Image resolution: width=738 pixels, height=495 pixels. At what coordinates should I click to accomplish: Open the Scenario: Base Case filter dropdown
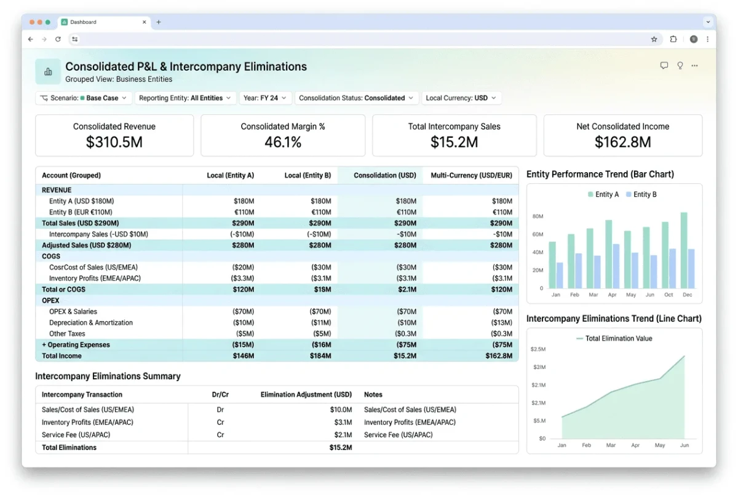(x=84, y=98)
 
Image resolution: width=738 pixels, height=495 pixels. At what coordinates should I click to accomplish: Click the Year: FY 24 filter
(x=265, y=98)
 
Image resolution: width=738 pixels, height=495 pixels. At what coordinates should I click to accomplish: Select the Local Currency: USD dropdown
(x=461, y=98)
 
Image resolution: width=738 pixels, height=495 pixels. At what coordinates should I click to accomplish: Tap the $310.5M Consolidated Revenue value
(x=114, y=142)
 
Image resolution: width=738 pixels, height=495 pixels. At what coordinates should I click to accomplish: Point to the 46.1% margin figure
(x=283, y=142)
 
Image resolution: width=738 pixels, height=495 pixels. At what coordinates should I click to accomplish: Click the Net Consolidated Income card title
(x=622, y=127)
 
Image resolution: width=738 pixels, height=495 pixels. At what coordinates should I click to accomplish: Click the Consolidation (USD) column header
(x=385, y=175)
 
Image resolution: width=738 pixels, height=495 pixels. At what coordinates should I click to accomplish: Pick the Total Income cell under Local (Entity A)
(x=243, y=355)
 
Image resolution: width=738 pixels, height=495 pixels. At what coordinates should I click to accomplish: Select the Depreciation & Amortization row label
(x=91, y=322)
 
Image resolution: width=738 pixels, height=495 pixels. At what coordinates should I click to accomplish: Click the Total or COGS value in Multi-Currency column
(x=501, y=289)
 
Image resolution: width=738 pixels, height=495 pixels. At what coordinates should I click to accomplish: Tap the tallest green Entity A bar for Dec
(x=684, y=250)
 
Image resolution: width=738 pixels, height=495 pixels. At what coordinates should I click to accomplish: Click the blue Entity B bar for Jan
(x=560, y=275)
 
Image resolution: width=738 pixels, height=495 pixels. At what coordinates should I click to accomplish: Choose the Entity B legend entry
(x=641, y=194)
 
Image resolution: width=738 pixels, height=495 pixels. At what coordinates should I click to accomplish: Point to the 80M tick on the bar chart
(x=538, y=216)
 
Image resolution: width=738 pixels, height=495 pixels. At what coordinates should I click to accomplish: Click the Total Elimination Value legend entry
(x=614, y=339)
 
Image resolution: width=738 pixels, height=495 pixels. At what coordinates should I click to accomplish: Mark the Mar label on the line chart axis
(x=611, y=445)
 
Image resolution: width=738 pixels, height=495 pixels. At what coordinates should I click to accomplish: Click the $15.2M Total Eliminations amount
(x=341, y=447)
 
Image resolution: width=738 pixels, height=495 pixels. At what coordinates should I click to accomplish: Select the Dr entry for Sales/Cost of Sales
(x=220, y=410)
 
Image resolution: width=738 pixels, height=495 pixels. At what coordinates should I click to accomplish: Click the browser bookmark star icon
(x=654, y=39)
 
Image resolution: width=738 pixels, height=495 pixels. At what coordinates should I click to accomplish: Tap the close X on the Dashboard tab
(x=145, y=22)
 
